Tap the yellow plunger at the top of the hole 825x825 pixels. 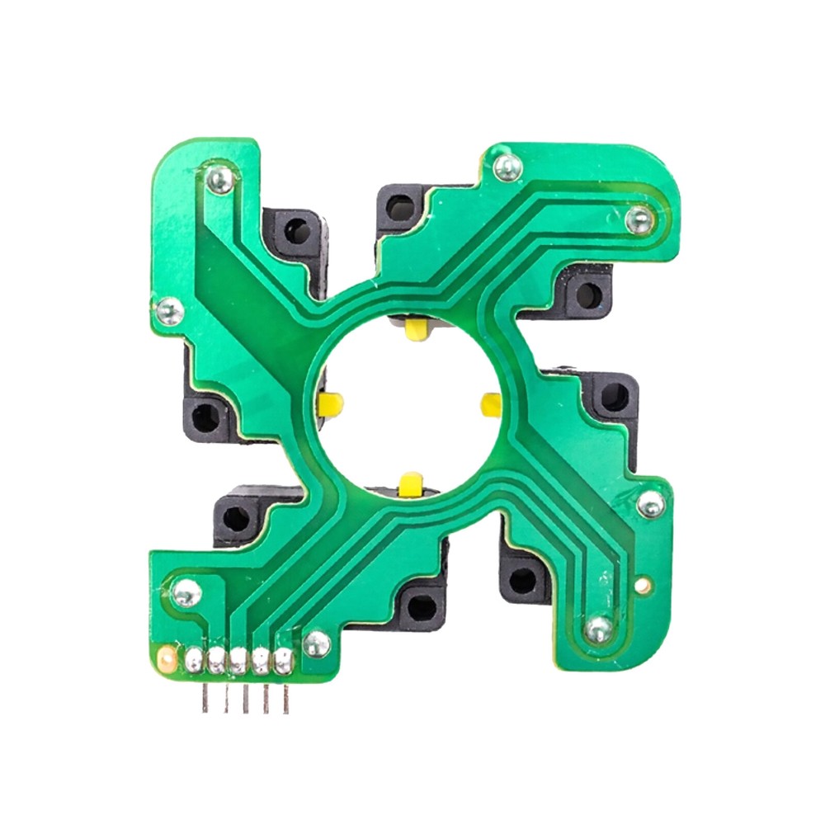click(x=414, y=331)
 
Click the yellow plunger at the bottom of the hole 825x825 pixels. click(x=410, y=484)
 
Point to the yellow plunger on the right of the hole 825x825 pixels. click(x=491, y=404)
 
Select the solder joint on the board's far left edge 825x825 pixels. click(x=170, y=311)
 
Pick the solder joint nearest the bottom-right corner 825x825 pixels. click(x=599, y=629)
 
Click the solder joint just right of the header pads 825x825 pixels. click(x=316, y=643)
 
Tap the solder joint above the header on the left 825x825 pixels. click(x=186, y=592)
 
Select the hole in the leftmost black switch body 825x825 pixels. click(x=205, y=417)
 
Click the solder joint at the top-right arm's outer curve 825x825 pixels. click(x=639, y=219)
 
